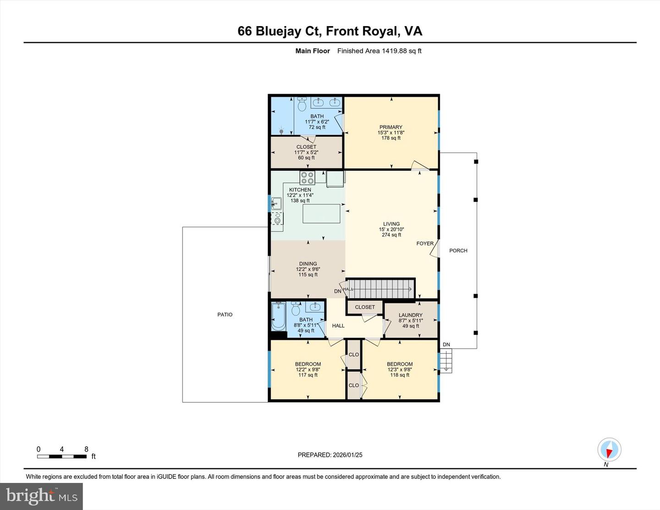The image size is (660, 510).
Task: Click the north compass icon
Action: coord(609,450)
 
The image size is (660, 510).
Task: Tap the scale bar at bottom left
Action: coord(62,456)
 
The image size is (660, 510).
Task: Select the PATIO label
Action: coord(225,315)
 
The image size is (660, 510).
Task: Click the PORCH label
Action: coord(458,251)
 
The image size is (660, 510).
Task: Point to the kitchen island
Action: coord(321,214)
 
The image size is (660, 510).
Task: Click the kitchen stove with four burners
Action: coord(307,177)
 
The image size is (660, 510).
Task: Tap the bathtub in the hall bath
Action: coord(278,316)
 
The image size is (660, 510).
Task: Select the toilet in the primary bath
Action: coord(302,105)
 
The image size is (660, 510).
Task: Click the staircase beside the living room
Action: coord(380,289)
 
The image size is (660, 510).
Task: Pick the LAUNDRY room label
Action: coord(410,315)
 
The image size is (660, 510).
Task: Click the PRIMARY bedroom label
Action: coord(390,127)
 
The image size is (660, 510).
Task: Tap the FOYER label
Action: coord(424,244)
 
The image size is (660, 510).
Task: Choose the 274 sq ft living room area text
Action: coord(391,235)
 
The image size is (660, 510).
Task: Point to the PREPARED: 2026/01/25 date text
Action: coord(330,455)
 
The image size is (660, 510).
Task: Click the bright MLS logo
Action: coord(42,496)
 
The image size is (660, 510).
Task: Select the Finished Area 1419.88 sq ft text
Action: coord(379,51)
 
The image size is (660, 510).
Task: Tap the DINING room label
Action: coord(308,264)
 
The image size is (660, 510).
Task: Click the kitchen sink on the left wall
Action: coord(276,203)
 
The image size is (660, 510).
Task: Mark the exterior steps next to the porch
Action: coord(445,360)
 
